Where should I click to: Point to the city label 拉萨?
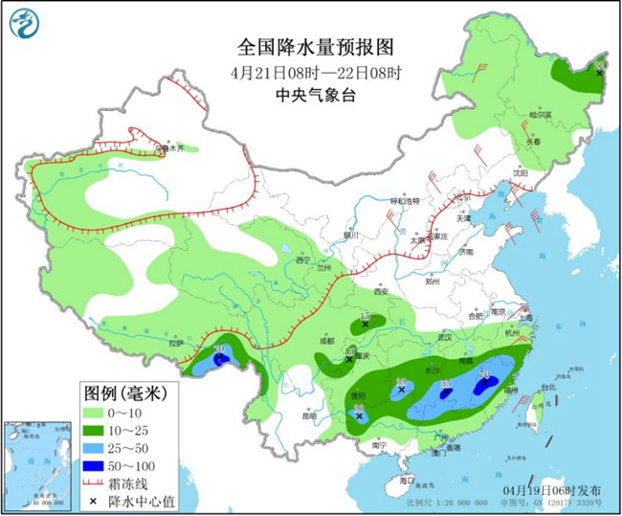[x=174, y=343]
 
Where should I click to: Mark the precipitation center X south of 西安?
[x=366, y=325]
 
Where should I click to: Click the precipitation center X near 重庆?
[x=349, y=360]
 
